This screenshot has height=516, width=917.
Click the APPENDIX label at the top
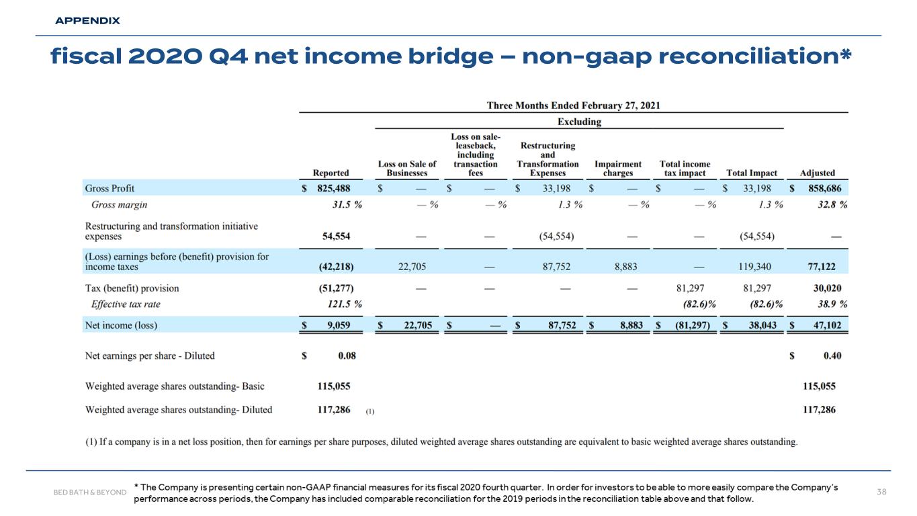point(87,21)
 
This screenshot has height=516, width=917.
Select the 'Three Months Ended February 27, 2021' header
point(574,105)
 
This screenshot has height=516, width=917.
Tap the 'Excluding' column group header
point(580,122)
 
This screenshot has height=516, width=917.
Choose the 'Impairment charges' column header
point(618,168)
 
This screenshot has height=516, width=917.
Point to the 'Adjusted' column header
point(818,173)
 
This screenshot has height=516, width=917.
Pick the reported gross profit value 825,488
point(333,188)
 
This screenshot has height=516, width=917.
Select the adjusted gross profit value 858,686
point(821,188)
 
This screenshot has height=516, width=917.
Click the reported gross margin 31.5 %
point(342,205)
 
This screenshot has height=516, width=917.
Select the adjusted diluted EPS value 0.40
point(831,355)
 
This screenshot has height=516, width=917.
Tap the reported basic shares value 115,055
point(333,386)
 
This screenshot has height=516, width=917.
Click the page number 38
point(883,492)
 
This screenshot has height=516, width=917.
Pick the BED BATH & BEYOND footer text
point(89,492)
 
